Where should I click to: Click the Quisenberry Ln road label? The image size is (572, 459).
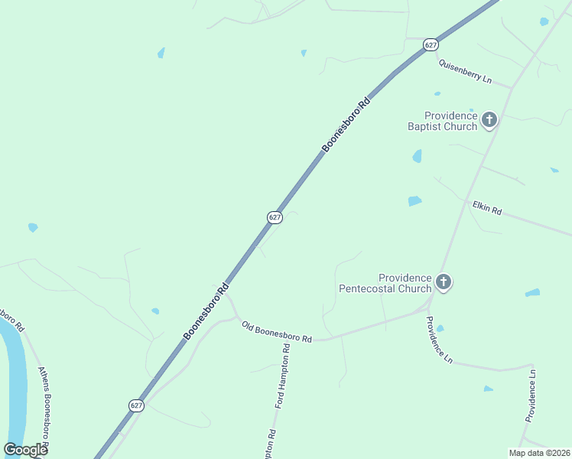tap(464, 73)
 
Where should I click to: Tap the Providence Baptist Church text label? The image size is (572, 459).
tap(441, 121)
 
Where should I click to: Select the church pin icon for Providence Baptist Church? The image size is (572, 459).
tap(489, 119)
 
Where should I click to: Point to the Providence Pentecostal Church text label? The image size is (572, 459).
tap(385, 283)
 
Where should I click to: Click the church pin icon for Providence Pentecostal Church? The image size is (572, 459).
tap(444, 282)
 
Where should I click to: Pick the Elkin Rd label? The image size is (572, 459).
tap(486, 207)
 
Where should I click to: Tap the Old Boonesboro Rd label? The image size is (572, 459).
tap(277, 332)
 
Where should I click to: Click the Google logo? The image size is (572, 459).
tap(25, 450)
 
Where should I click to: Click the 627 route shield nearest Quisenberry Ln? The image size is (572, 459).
tap(431, 45)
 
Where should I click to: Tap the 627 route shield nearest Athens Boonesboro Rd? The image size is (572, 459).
tap(136, 405)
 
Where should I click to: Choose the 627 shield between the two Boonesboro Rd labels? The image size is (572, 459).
tap(275, 217)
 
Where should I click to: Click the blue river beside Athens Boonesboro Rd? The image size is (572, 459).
tap(14, 382)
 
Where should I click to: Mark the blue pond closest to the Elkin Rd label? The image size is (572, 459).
tap(414, 201)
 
